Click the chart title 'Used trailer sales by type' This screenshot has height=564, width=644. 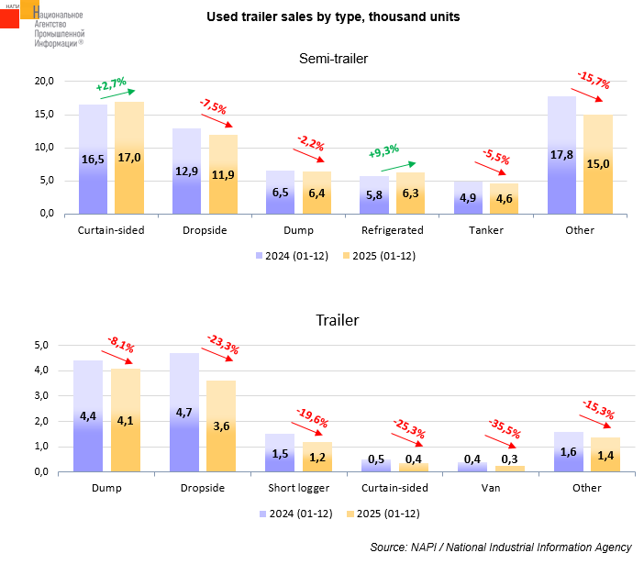tap(333, 17)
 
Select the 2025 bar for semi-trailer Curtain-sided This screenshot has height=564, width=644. tap(129, 158)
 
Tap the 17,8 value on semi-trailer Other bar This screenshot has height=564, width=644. tap(561, 154)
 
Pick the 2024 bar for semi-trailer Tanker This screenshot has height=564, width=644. tap(468, 197)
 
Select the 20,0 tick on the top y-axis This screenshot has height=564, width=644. tap(43, 82)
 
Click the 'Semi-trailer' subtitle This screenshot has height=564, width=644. tap(333, 60)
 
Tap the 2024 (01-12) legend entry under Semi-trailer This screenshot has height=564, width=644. tap(290, 256)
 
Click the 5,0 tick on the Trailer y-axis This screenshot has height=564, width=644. tap(40, 346)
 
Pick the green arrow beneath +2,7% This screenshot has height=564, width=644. tap(117, 93)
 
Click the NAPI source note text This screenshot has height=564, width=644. tap(501, 547)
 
